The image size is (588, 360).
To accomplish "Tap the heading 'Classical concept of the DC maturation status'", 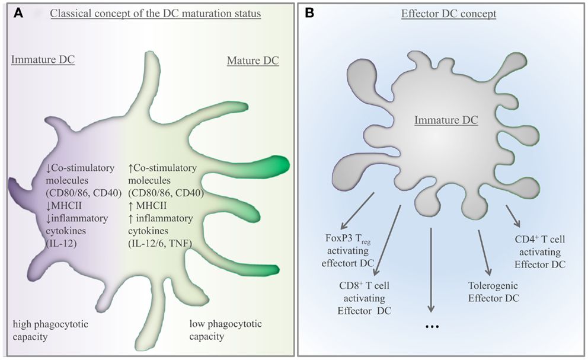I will tap(155, 14).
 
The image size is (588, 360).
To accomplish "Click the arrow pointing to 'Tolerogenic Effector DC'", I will tap(482, 253).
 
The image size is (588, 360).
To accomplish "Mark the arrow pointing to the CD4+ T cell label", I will tap(513, 216).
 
